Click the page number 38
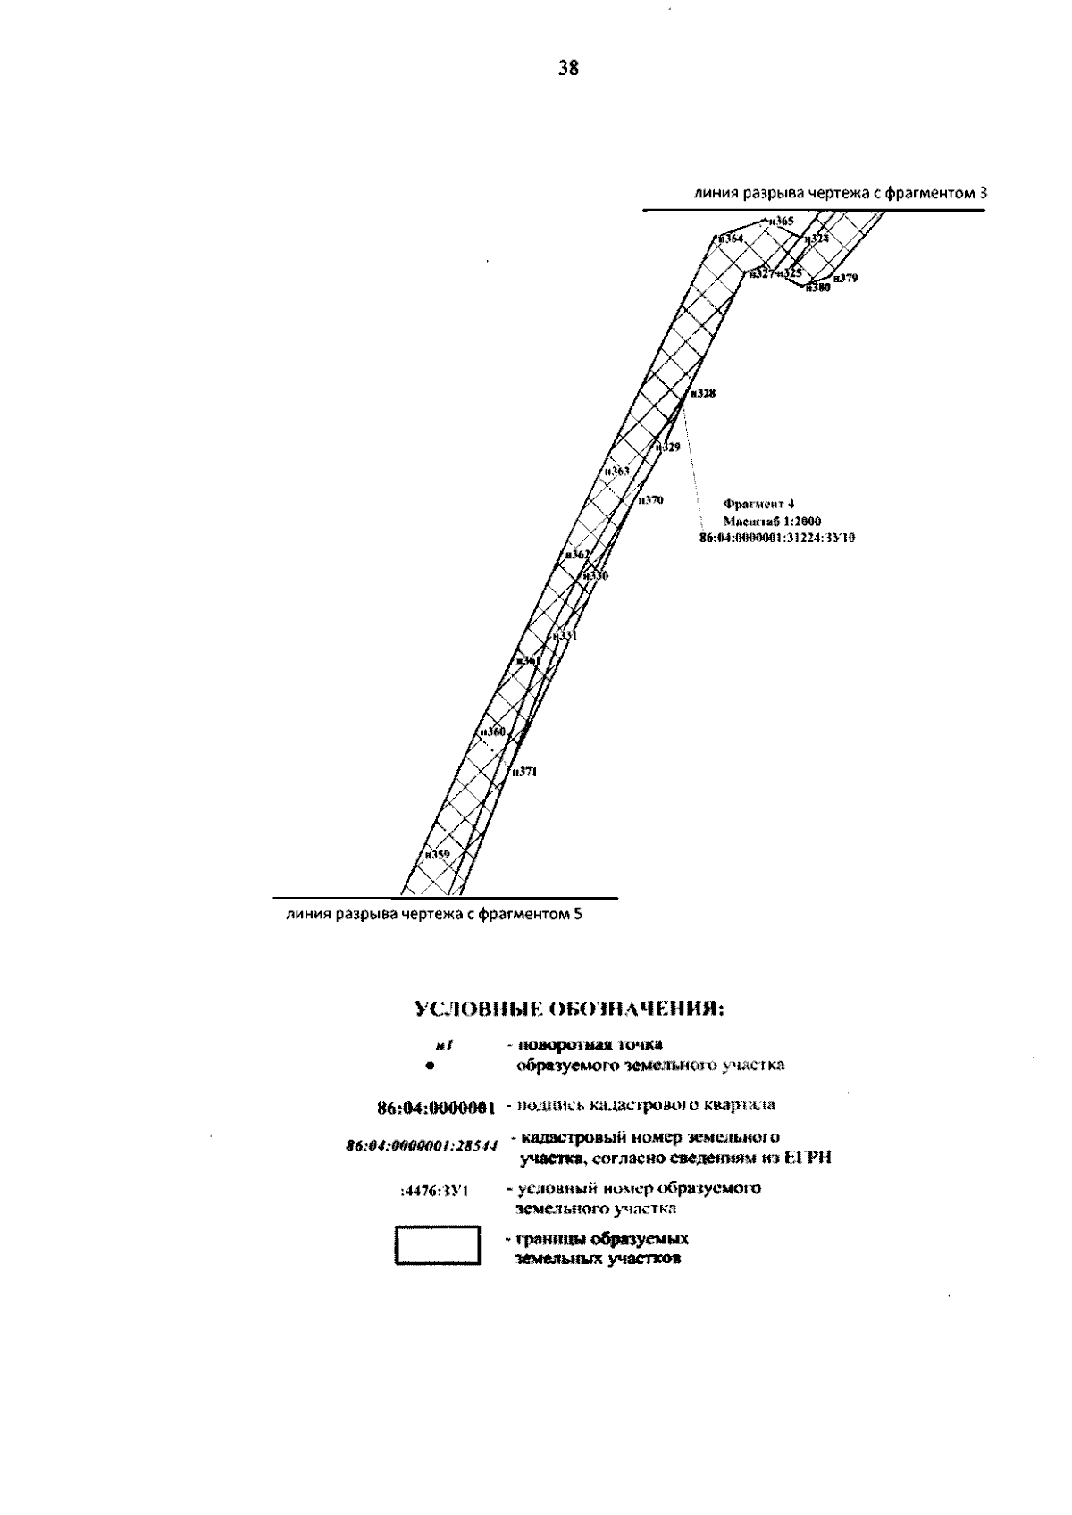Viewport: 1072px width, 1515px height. pos(568,68)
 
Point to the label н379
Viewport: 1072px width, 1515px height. pos(845,279)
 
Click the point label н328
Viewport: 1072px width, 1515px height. pos(703,393)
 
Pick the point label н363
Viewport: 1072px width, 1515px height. pos(616,471)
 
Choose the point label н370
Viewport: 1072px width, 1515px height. pos(650,500)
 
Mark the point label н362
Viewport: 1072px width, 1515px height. pos(578,555)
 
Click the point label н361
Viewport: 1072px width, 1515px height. pos(528,660)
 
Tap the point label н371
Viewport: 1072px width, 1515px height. pos(523,771)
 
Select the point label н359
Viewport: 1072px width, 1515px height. pos(437,854)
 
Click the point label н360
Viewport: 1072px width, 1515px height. pos(492,732)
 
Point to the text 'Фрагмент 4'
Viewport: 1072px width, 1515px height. pos(753,504)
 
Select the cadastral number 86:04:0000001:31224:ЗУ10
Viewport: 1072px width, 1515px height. pos(777,538)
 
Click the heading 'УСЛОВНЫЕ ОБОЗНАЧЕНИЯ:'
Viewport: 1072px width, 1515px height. pos(568,1009)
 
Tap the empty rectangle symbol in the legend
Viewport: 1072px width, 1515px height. pos(438,1246)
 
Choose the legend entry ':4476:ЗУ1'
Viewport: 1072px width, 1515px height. pos(435,1192)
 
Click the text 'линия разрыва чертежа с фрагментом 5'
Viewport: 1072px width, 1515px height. pos(434,915)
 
